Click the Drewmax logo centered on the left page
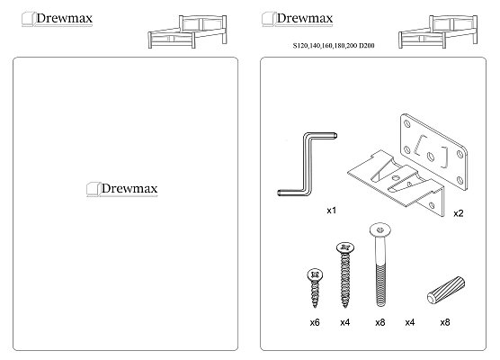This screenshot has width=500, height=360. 122,189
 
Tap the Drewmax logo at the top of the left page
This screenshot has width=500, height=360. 57,19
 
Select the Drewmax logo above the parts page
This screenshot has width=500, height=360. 298,19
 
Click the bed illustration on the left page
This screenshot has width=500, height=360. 187,31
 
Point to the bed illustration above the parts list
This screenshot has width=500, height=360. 438,31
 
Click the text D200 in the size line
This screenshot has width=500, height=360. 367,46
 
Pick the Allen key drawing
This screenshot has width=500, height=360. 306,164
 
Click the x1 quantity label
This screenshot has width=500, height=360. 332,211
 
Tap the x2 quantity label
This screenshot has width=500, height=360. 459,213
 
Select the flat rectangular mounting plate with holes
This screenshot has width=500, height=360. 433,152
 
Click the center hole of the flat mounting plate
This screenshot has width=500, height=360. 431,157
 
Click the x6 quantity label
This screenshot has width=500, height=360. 315,322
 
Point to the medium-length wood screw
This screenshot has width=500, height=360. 345,274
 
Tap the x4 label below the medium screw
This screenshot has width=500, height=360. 345,322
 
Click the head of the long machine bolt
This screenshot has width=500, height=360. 380,229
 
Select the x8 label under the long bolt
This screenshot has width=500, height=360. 380,322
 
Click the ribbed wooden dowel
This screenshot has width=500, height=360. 446,290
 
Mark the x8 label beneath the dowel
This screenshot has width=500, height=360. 445,322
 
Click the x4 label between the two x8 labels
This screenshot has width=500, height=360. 410,322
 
